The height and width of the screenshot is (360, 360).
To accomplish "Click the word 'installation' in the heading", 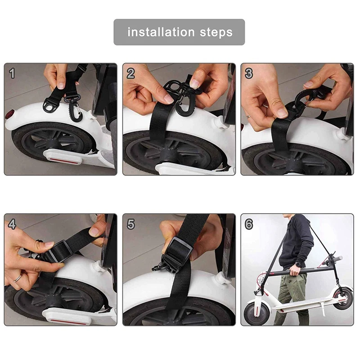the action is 161,32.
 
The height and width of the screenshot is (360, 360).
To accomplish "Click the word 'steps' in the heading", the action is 216,32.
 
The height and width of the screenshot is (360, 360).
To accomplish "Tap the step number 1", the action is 12,73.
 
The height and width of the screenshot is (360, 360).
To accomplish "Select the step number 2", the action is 130,73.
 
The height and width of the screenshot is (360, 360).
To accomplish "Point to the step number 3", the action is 249,73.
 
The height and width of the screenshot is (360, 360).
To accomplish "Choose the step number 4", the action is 12,224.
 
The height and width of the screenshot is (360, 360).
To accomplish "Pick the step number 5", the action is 130,224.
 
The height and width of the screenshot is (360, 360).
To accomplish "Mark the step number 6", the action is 249,224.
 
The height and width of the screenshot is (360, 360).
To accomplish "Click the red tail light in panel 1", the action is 9,114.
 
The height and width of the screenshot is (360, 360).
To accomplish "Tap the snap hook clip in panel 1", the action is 73,108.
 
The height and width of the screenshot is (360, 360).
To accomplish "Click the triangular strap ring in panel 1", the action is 51,105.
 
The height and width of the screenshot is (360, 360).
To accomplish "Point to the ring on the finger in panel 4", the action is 18,279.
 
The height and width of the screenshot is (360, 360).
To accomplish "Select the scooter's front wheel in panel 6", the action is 256,311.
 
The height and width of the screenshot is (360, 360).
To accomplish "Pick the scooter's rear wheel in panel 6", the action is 342,298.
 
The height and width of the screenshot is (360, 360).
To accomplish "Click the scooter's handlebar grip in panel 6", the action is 337,258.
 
